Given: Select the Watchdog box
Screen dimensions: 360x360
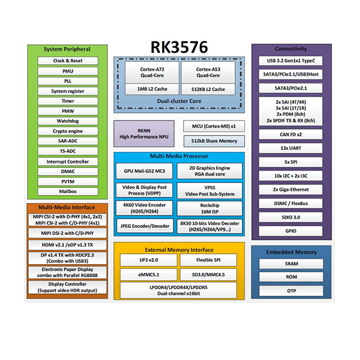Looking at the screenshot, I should (x=67, y=121).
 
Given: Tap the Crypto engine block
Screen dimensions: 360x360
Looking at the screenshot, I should (x=67, y=131).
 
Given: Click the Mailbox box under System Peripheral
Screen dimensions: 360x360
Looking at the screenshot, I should (x=67, y=192).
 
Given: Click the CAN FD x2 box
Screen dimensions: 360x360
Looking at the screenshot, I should (x=291, y=134).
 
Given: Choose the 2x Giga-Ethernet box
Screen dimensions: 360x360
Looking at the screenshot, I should (x=291, y=190).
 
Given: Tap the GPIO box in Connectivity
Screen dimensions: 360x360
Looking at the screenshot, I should (x=291, y=231).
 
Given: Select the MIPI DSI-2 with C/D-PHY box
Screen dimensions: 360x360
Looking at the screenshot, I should (x=67, y=233).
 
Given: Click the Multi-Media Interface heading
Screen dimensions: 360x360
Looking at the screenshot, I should (x=67, y=207).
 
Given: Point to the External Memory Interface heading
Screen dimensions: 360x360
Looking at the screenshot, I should (x=179, y=248).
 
